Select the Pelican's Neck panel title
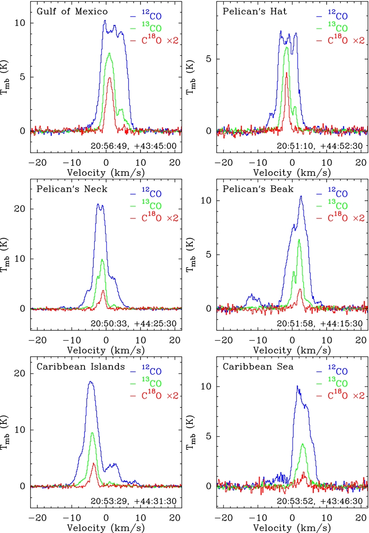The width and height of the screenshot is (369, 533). click(71, 189)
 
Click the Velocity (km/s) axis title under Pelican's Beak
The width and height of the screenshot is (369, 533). click(292, 350)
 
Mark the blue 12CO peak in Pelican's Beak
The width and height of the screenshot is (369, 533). click(301, 196)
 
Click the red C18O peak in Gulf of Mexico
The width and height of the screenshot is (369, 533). click(110, 78)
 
